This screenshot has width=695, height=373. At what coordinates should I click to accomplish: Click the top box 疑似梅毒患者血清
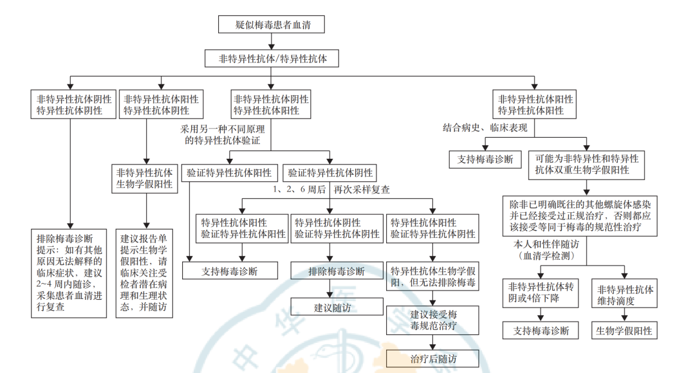point(271,24)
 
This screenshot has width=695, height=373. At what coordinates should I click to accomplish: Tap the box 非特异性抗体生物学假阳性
point(145,178)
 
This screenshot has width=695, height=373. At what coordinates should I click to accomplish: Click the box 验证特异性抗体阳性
point(230,172)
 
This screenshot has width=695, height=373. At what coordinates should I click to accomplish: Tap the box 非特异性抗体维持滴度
point(625,295)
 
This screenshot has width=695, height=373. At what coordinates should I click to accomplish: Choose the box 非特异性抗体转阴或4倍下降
point(544,295)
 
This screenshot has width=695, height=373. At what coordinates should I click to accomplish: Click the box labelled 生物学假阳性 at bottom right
point(625,331)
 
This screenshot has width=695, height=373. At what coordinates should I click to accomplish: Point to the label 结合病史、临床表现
point(485,127)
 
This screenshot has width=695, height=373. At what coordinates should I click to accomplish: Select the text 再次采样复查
point(361,190)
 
